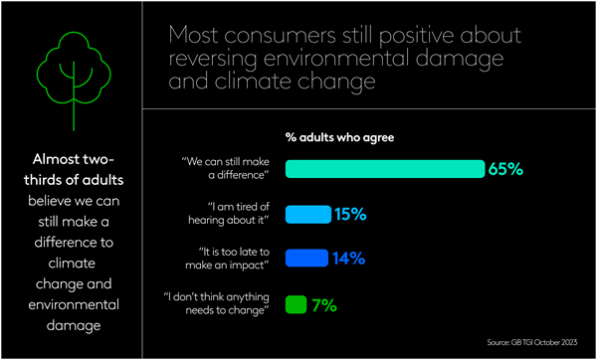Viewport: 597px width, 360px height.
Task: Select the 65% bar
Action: (x=384, y=169)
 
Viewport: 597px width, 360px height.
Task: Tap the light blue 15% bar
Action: (x=307, y=214)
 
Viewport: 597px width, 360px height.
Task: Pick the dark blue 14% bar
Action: (x=306, y=259)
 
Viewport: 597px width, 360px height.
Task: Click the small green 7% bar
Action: (x=296, y=303)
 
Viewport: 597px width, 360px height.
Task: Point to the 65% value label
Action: (x=505, y=169)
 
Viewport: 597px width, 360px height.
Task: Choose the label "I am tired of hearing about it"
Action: (x=232, y=214)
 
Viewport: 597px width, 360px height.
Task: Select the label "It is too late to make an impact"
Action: (x=229, y=259)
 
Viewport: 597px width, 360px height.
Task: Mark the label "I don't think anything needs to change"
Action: (x=218, y=303)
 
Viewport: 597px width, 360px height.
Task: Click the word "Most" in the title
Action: (x=195, y=36)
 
